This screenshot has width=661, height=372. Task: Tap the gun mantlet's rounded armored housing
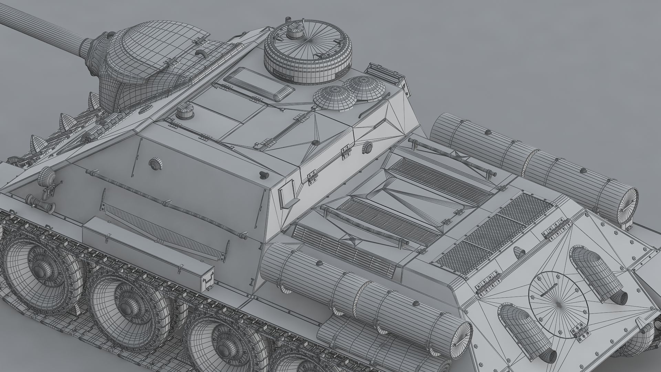pyautogui.click(x=145, y=59)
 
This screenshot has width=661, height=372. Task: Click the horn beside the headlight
pyautogui.click(x=38, y=203)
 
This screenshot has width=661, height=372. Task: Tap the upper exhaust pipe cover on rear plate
pyautogui.click(x=597, y=272)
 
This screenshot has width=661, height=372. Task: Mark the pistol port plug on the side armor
pyautogui.click(x=155, y=164)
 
